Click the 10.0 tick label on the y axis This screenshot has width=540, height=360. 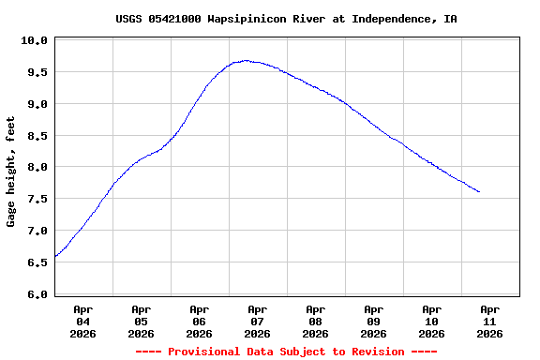pyautogui.click(x=34, y=40)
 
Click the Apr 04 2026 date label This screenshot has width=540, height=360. pyautogui.click(x=82, y=321)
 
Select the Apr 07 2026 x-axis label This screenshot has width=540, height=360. pyautogui.click(x=257, y=321)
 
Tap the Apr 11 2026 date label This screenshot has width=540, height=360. pyautogui.click(x=489, y=321)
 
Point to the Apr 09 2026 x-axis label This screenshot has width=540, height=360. pyautogui.click(x=373, y=321)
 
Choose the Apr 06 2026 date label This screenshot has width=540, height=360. pyautogui.click(x=199, y=321)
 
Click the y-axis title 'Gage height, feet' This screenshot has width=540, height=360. pyautogui.click(x=11, y=172)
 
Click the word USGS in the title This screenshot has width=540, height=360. pyautogui.click(x=129, y=19)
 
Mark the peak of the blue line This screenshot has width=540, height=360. pyautogui.click(x=246, y=60)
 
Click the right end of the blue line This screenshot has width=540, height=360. pyautogui.click(x=479, y=192)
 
